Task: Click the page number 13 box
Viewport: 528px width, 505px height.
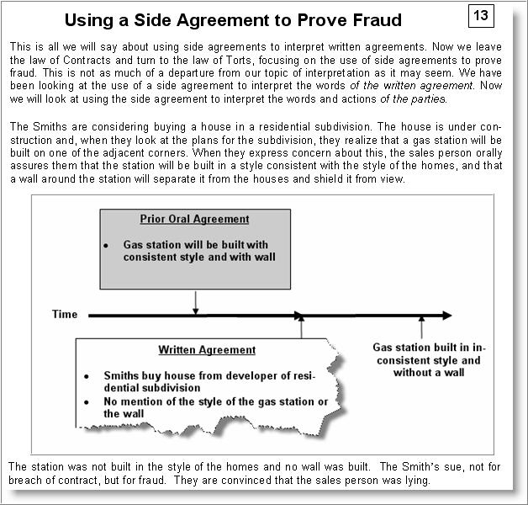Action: [479, 17]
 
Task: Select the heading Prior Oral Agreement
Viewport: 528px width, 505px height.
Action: [194, 219]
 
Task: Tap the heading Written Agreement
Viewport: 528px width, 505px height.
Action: [207, 349]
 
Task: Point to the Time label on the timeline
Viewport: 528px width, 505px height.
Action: [65, 315]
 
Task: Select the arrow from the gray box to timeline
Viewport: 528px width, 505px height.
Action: [195, 302]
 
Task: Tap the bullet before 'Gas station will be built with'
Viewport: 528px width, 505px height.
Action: [106, 244]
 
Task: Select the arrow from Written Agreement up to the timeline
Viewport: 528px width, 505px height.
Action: [301, 329]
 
